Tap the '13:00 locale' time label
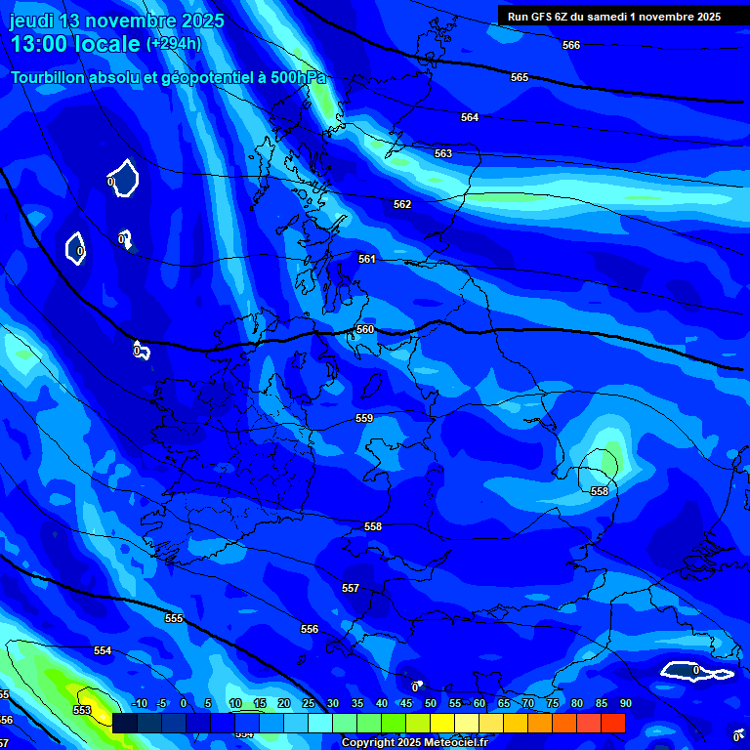75,44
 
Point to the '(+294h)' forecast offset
174,44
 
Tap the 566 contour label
571,45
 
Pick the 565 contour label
520,77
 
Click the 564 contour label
470,117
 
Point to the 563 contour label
443,153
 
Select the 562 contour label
402,204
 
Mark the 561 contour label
366,259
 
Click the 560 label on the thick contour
365,329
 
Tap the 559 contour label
364,418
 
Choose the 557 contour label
351,588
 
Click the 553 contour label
82,710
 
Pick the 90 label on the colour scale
625,703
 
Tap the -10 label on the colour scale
139,703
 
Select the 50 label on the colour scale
431,703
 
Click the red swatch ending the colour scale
612,723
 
